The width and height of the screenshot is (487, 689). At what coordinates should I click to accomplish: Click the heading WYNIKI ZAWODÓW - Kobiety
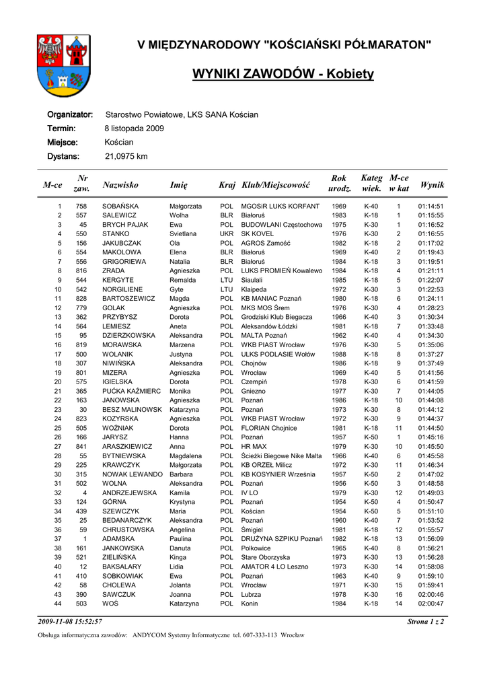(283, 73)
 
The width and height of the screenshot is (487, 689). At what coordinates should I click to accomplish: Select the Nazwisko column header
(120, 184)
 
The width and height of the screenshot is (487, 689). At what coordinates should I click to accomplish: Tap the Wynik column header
(431, 184)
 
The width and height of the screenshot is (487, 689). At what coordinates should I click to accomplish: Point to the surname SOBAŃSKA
(120, 206)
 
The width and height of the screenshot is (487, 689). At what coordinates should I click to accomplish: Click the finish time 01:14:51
(430, 206)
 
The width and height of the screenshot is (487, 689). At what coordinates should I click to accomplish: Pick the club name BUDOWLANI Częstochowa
(281, 225)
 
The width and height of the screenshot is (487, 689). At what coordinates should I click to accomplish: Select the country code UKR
(227, 234)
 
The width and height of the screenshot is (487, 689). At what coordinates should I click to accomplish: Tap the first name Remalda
(183, 280)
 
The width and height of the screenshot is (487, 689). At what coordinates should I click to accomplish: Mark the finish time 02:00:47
(430, 604)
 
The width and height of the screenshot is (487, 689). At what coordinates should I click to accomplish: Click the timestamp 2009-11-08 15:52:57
(70, 622)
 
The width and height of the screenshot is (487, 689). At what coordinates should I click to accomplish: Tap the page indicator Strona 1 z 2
(425, 622)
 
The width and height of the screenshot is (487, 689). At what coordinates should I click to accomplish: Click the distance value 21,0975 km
(126, 156)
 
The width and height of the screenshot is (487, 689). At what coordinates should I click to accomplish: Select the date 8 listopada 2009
(134, 128)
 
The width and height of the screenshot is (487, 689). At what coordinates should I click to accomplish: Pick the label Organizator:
(70, 114)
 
